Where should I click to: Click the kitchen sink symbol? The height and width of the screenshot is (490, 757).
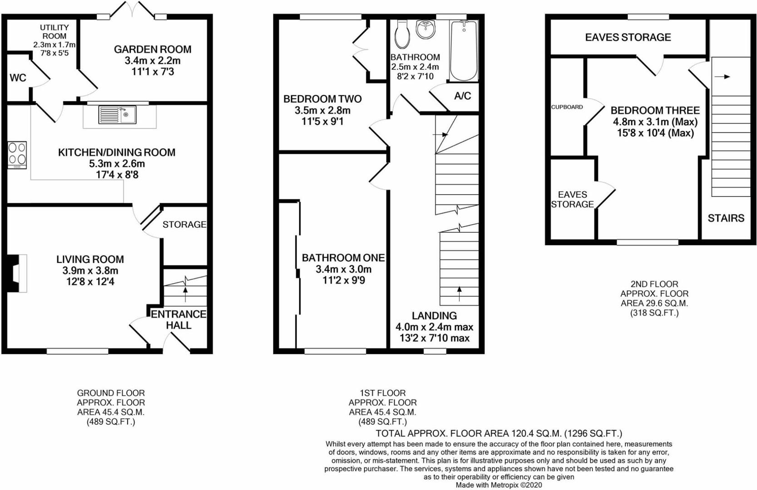coord(117,114)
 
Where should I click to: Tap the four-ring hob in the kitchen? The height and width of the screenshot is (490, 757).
coord(17,155)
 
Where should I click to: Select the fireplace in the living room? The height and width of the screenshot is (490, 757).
coord(17,273)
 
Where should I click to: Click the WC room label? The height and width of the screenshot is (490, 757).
coord(18,78)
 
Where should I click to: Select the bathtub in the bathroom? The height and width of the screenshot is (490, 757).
coord(464,50)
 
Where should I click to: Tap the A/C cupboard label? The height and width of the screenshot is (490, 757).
coord(462,96)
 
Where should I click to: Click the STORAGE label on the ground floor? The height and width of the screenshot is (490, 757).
coord(184,225)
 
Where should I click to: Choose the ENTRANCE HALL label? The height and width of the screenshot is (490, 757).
coord(178,319)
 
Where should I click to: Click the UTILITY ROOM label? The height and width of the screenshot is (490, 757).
coord(54,32)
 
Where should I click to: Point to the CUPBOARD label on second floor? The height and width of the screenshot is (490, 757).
coord(567,107)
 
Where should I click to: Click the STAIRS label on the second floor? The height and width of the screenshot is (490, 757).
coord(726,218)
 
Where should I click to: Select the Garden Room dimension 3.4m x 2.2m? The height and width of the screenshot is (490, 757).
coord(153,60)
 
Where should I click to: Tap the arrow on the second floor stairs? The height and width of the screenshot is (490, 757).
coord(722,77)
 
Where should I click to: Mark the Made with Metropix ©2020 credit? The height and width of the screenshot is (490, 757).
coord(499,485)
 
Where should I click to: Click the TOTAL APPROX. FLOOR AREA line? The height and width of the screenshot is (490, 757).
coord(499,433)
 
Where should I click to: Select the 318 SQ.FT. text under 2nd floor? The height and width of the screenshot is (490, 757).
coord(654,313)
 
